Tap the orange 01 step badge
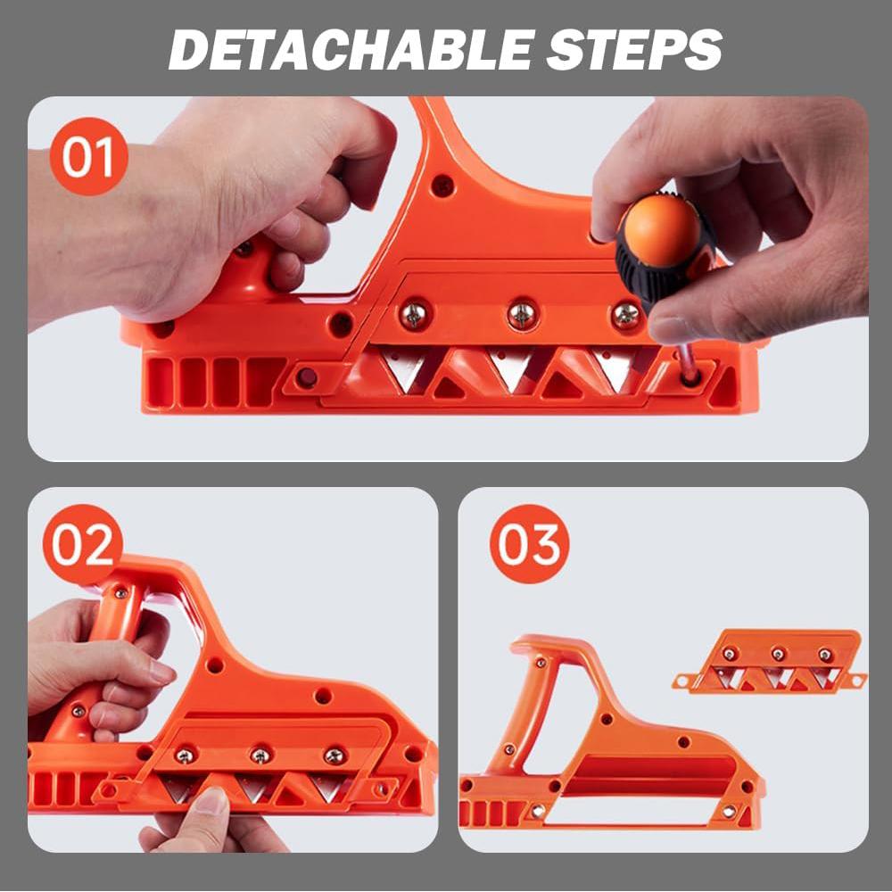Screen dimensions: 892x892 click(x=88, y=156)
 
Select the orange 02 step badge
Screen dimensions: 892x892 click(x=82, y=544)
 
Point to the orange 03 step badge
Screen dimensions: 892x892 click(x=529, y=544)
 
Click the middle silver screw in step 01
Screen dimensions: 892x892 click(x=522, y=313)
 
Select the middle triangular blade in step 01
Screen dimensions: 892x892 click(x=511, y=368)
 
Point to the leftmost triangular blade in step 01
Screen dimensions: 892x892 click(x=405, y=368)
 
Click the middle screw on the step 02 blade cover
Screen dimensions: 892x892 click(x=260, y=756)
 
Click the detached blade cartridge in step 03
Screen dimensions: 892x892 click(x=769, y=661)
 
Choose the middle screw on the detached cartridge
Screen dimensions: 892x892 click(x=777, y=654)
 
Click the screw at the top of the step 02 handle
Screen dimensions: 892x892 click(x=120, y=594)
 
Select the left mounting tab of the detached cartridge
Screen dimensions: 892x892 click(x=682, y=681)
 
